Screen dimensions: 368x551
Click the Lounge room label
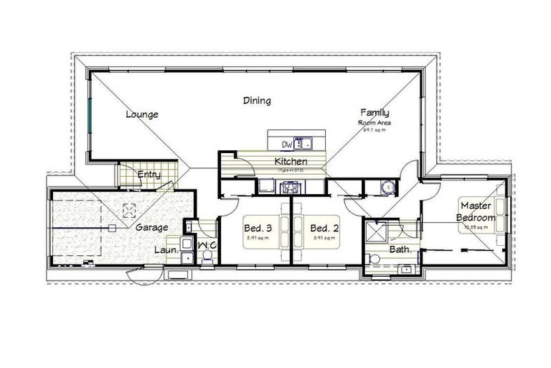pos(141,114)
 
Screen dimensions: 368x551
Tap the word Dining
pos(256,101)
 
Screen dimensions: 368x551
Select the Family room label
pos(375,112)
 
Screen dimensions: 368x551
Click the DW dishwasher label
pos(287,143)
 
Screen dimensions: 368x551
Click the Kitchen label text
pos(291,161)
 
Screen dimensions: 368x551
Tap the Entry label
pos(148,174)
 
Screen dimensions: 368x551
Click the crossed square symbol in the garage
pos(129,210)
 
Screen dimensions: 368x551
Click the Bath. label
pos(400,249)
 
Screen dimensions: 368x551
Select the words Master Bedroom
pos(476,211)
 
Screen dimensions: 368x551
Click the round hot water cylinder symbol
pos(387,187)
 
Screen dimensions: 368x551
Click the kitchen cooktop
pos(291,188)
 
